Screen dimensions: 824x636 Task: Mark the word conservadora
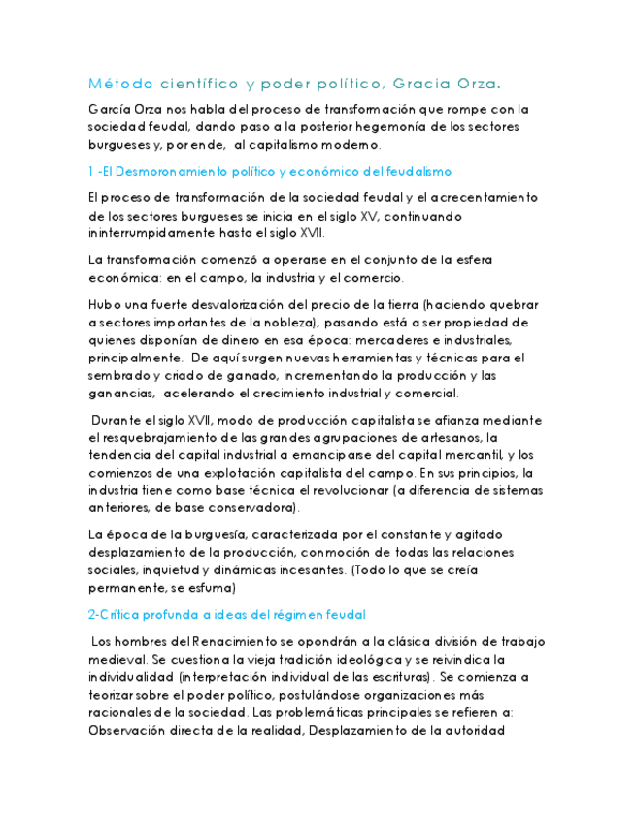248,508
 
